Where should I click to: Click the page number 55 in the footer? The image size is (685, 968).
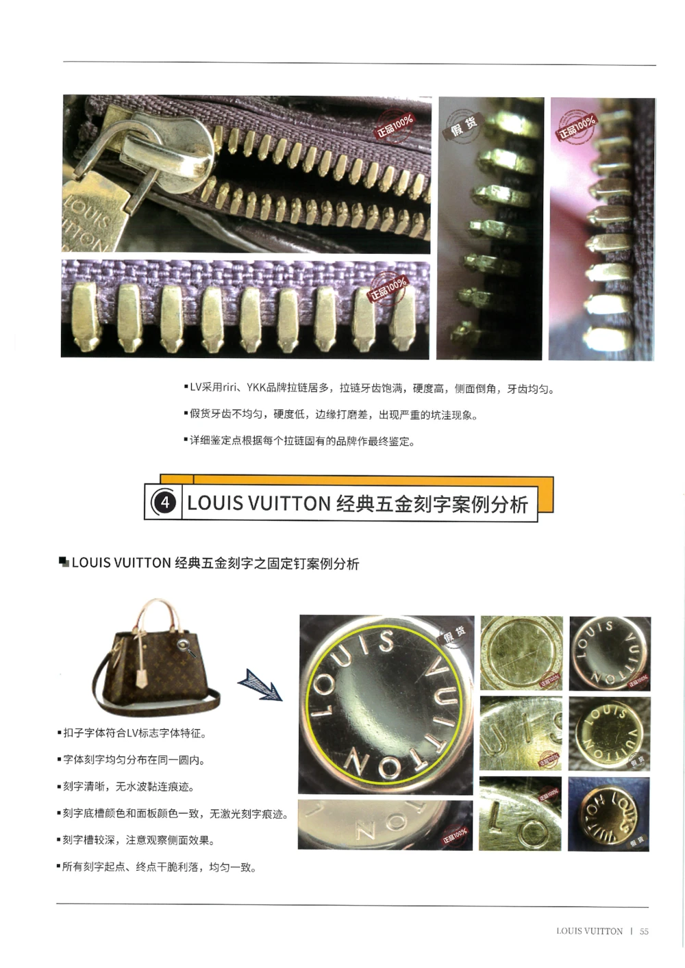(644, 931)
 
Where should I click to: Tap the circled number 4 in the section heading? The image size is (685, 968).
(164, 503)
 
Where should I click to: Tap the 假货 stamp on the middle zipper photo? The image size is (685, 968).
(464, 125)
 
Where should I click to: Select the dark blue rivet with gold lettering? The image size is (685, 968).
(608, 813)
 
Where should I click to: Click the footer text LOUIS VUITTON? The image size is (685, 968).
(589, 931)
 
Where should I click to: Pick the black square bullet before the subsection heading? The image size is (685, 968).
(64, 563)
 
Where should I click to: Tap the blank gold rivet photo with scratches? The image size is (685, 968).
(521, 652)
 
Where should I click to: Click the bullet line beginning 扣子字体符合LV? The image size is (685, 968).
(134, 734)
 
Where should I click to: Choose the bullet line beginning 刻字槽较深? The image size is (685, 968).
(138, 841)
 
